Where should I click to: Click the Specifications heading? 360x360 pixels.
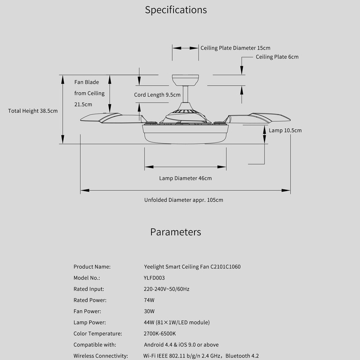[176, 10]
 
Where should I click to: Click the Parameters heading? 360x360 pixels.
[175, 232]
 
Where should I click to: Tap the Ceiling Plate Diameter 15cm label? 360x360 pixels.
[235, 48]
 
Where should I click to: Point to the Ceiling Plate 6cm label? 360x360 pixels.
[277, 57]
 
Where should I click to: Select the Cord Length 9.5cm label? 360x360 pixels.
[157, 95]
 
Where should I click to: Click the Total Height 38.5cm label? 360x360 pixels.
[33, 111]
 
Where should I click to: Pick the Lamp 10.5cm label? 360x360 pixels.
[285, 131]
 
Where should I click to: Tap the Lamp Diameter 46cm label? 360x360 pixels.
[185, 178]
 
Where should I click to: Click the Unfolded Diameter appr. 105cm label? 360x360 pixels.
[183, 200]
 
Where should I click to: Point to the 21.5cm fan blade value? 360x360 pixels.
[83, 104]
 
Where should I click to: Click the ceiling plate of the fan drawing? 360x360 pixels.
[185, 80]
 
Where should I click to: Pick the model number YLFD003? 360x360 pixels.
[154, 278]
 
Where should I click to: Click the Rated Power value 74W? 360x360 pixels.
[149, 300]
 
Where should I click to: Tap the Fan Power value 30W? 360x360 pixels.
[149, 311]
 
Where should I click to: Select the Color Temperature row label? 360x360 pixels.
[97, 334]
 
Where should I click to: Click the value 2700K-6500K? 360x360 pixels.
[160, 334]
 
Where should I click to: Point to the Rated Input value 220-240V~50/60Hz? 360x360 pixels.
[167, 289]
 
